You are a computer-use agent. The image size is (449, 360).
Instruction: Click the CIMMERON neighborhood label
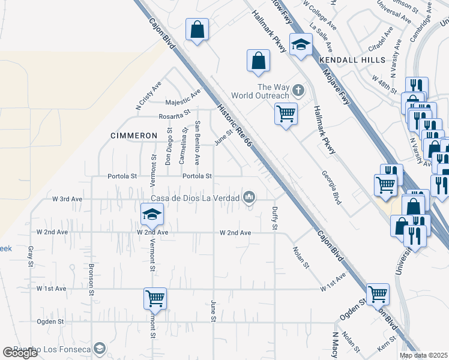(134, 136)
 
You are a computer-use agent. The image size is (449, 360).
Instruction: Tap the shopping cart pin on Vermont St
(155, 298)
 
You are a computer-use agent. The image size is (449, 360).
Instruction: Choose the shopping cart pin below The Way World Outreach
(286, 113)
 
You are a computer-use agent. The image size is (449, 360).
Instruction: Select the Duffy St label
(274, 218)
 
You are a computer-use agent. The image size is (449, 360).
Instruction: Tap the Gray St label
(29, 256)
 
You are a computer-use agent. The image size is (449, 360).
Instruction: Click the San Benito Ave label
(197, 142)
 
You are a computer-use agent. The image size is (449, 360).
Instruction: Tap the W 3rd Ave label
(67, 198)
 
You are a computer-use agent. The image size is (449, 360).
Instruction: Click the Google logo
(20, 353)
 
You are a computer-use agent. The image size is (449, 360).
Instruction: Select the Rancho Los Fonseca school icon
(99, 348)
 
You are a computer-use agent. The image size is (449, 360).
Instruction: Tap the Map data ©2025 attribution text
(423, 355)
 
